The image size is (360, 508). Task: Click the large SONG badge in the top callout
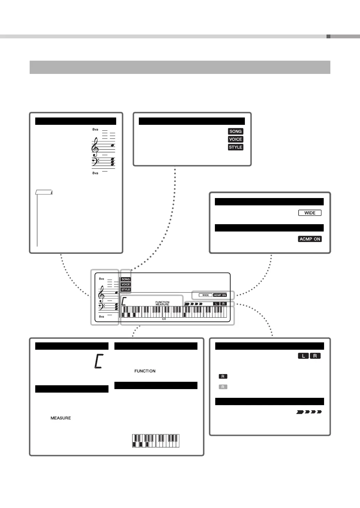235,131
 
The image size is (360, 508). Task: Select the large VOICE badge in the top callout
235,139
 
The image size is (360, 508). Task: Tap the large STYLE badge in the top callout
235,147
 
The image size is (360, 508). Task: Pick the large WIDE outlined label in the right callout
310,213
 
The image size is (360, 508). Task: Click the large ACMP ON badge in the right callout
310,239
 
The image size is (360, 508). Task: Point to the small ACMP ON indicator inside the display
220,295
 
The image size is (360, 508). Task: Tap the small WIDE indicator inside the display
205,295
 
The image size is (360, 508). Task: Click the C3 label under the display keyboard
164,319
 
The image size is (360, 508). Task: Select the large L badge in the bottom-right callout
303,356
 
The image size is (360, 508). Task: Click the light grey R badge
223,387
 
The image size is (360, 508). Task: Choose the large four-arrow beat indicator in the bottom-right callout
309,412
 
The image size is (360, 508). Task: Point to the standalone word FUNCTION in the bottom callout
145,371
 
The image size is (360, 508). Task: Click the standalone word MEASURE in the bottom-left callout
61,418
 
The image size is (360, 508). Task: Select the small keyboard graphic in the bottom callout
156,441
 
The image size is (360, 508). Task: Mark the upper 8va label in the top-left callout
95,129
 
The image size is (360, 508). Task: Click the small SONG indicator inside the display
126,279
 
